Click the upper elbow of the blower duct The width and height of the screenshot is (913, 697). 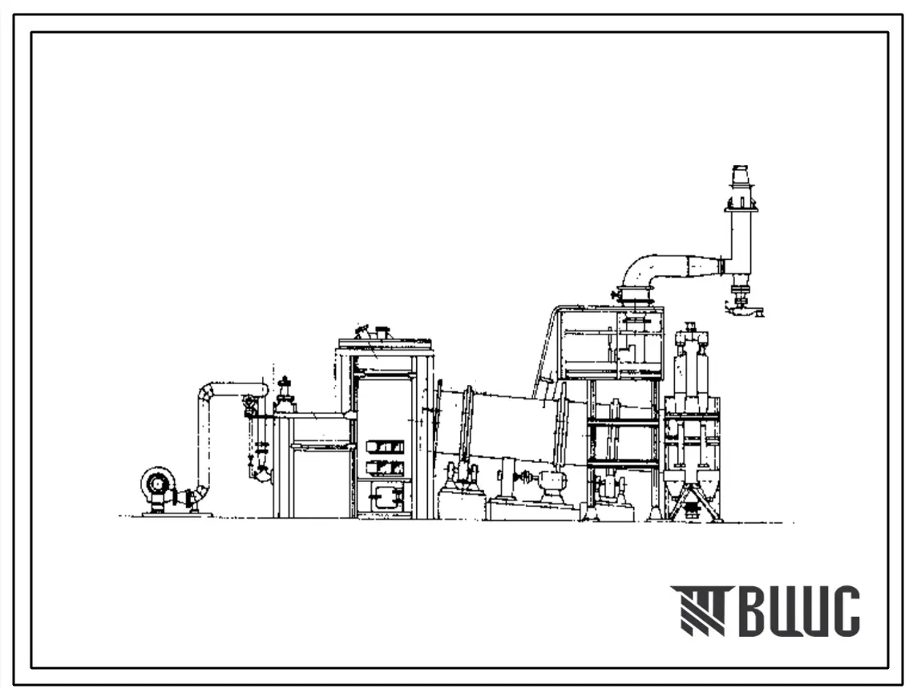click(x=206, y=391)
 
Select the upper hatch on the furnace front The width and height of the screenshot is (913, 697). click(x=385, y=447)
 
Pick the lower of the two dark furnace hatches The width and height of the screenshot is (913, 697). click(x=385, y=467)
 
